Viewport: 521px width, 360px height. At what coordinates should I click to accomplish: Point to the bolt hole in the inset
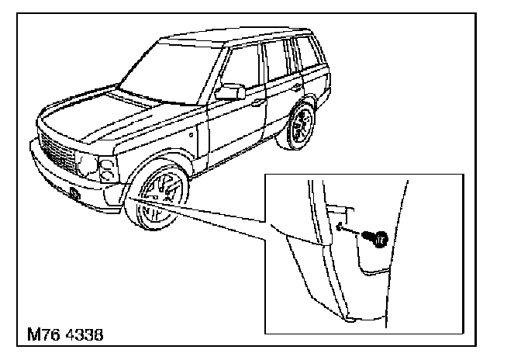(340, 227)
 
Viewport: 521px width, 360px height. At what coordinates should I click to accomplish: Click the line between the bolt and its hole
(357, 234)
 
